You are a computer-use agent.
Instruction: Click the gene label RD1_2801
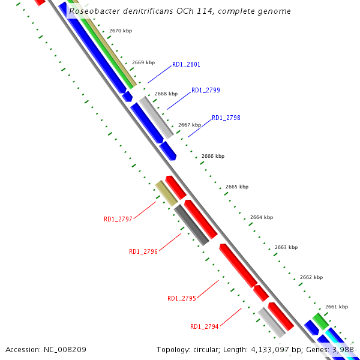186,64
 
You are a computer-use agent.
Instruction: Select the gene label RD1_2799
206,91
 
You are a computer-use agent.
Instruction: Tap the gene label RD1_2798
226,118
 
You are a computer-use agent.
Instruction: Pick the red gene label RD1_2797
118,220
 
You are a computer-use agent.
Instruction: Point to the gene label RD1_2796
143,252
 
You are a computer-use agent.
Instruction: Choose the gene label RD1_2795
182,299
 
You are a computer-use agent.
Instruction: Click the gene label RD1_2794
205,327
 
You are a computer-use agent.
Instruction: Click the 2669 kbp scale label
143,62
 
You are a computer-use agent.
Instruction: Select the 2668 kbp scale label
166,94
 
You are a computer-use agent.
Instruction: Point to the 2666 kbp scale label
213,156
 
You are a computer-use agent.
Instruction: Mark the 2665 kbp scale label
237,187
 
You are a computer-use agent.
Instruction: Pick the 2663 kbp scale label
286,247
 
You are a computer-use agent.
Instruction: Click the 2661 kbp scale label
337,307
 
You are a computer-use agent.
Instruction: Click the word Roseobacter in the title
94,11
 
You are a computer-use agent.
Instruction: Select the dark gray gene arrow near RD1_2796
191,225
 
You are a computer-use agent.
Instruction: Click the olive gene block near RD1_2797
166,193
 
